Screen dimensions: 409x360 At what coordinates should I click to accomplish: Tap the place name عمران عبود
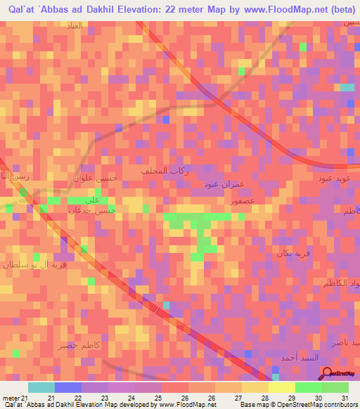(217, 185)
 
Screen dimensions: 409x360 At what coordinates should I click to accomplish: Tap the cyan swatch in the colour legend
(41, 388)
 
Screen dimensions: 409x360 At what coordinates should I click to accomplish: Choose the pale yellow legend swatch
(282, 388)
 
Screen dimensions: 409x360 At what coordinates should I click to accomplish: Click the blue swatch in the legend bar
(68, 388)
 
